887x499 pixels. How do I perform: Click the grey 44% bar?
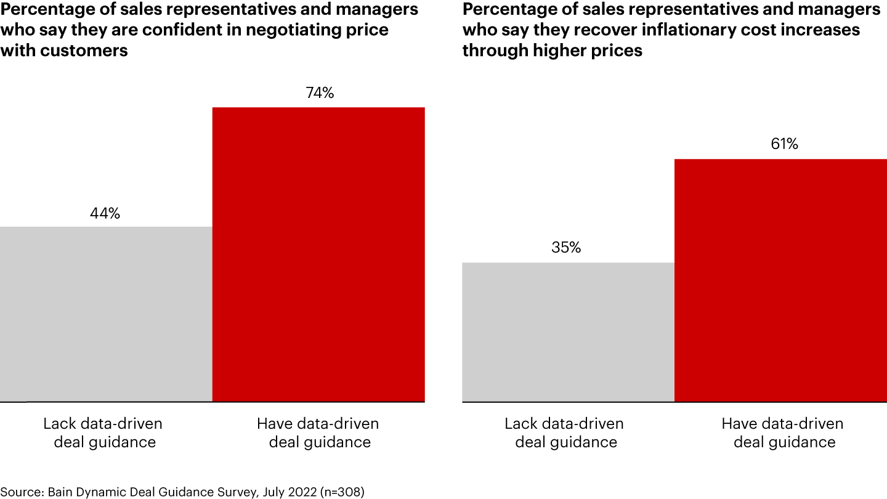click(106, 314)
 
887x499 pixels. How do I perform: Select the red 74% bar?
click(318, 254)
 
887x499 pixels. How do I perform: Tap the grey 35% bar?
click(568, 332)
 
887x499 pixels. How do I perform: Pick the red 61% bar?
click(780, 280)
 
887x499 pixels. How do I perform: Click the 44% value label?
click(105, 214)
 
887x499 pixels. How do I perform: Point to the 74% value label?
click(320, 94)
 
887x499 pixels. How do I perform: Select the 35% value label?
click(566, 248)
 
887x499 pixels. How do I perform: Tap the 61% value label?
click(784, 144)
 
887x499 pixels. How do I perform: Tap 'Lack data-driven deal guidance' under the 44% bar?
click(103, 433)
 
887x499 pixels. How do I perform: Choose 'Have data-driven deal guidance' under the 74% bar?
click(318, 433)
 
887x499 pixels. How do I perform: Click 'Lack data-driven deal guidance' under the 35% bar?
click(564, 433)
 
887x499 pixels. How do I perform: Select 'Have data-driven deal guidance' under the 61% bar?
click(782, 433)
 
